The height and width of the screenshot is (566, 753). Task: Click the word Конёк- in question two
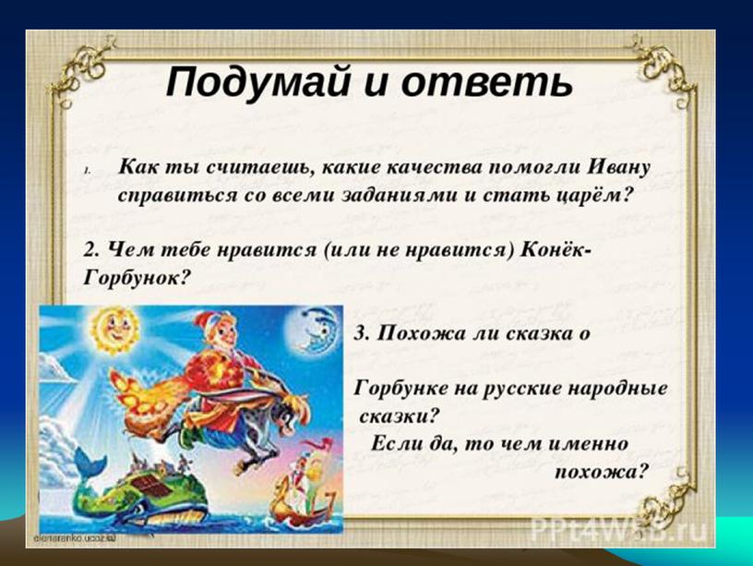556,250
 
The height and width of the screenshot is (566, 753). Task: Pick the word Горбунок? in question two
136,277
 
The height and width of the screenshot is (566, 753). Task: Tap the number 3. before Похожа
362,333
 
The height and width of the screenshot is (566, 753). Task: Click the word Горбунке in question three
400,388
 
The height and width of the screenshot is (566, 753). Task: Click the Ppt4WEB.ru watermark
619,531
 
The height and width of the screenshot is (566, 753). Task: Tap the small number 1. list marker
87,171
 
